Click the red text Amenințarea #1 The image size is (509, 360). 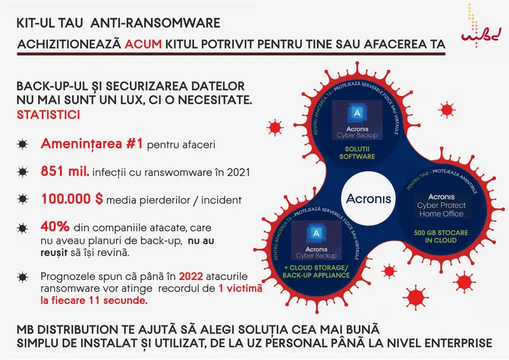point(91,144)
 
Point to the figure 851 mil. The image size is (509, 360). point(66,172)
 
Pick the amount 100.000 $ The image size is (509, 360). point(72,199)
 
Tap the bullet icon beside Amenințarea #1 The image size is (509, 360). point(23,144)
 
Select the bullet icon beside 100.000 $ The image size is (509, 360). point(23,200)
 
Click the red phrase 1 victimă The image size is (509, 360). point(241,289)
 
